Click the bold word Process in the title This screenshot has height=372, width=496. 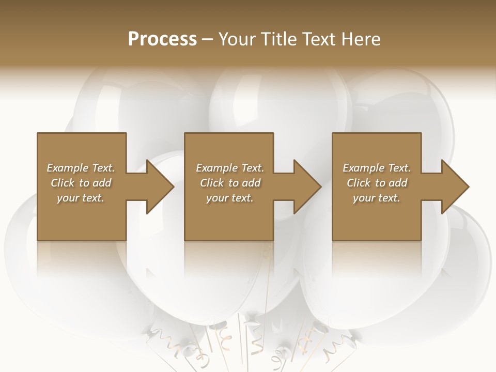coord(162,39)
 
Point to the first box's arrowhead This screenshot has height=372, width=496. coord(160,187)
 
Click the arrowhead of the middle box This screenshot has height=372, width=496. coord(308,187)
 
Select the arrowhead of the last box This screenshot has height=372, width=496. coord(455,187)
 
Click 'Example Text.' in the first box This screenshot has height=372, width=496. coord(81,168)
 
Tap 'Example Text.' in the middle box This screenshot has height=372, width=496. coord(230,168)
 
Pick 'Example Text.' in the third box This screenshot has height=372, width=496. coord(377,168)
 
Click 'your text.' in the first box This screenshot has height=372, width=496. coord(81,198)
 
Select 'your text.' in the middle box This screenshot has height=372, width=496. coord(230,198)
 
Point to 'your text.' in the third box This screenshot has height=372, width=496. coord(377,198)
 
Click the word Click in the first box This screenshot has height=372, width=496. coord(62,183)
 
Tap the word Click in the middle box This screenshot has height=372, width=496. coord(211,183)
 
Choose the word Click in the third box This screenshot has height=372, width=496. coord(358,183)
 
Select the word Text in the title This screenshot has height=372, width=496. coord(316,39)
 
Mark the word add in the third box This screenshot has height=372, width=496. coord(398,183)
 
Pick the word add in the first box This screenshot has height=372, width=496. coord(102,183)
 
